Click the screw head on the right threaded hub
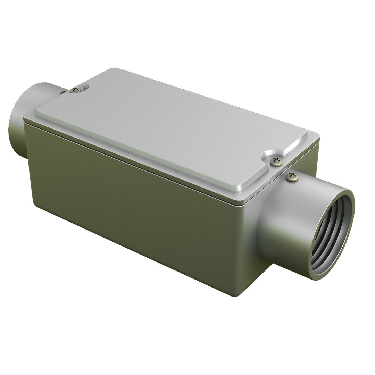(292, 177)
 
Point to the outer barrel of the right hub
(285, 222)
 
